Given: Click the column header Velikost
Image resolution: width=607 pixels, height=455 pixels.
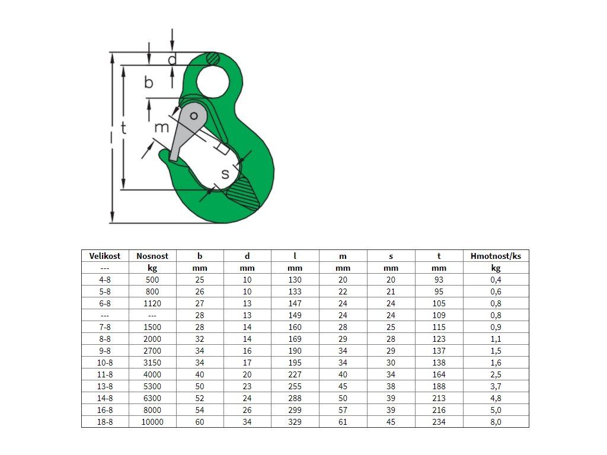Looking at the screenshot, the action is click(105, 256).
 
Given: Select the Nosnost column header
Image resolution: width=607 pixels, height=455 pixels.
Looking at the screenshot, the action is click(152, 256).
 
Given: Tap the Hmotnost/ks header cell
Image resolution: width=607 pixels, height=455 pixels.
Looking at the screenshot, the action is click(496, 256).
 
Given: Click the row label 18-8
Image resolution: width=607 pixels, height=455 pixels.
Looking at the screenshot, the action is click(105, 422).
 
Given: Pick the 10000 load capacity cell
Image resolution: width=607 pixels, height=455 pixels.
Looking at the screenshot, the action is click(152, 422).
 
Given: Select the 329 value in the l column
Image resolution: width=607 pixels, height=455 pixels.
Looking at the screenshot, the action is click(295, 422).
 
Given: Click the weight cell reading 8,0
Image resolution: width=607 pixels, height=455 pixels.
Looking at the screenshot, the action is click(496, 422).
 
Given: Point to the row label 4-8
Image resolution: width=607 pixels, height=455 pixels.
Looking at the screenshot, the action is click(105, 280).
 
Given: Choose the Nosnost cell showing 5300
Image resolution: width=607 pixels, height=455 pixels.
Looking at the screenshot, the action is click(152, 386).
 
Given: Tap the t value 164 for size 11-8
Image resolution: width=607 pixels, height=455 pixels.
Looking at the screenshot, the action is click(439, 374).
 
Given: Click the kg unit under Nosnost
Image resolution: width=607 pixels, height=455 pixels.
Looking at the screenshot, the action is click(152, 268).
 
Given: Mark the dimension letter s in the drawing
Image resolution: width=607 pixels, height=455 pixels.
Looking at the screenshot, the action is click(226, 174).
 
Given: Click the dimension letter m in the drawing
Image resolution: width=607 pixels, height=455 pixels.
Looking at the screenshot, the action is click(161, 127).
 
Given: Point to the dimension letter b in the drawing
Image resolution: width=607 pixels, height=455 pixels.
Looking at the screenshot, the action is click(149, 82).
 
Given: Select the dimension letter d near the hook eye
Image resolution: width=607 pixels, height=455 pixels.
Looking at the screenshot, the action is click(172, 59).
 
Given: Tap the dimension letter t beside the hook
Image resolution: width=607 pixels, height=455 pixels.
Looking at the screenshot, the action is click(123, 128).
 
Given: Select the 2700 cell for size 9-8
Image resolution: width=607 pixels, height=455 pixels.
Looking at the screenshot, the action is click(152, 351).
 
